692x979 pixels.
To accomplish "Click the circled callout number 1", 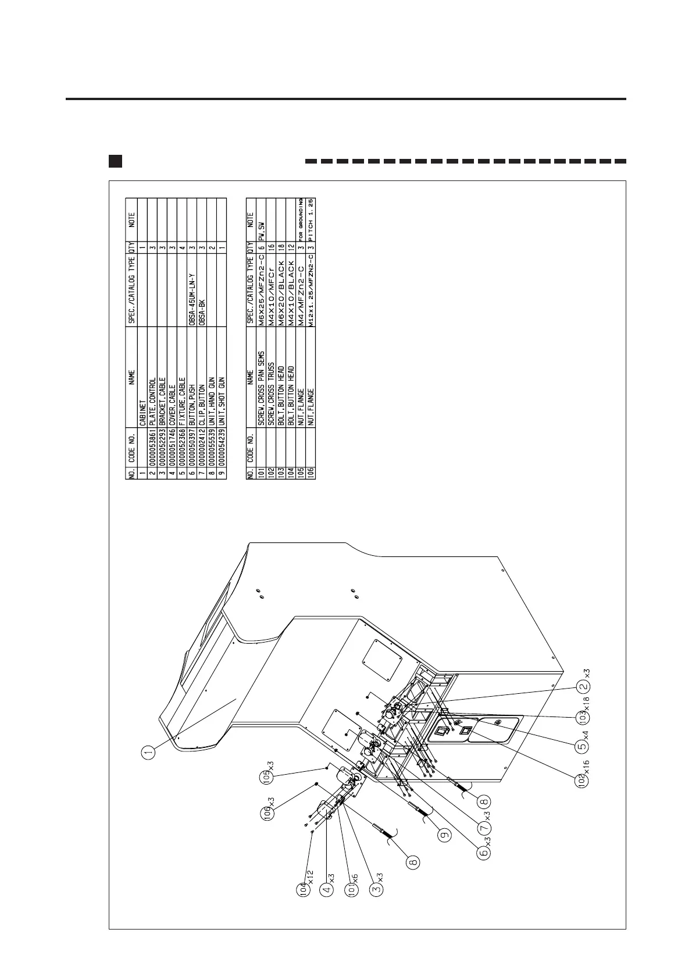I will click(149, 753).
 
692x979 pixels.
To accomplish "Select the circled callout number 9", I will click(445, 835).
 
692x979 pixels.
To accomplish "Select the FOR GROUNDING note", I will click(301, 217).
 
